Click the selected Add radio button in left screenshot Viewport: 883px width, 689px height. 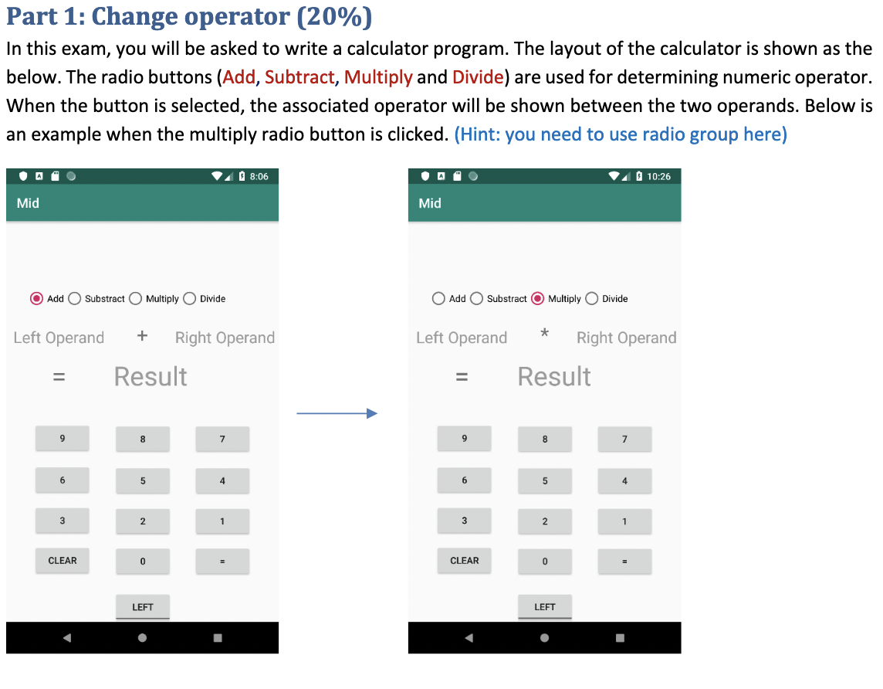coord(36,299)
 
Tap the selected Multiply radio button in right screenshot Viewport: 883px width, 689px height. coord(538,299)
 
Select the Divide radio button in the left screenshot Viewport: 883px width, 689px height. coord(189,299)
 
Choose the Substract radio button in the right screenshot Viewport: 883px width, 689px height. coord(477,299)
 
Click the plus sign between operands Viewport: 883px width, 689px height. coord(142,336)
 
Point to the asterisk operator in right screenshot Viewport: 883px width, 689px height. coord(545,334)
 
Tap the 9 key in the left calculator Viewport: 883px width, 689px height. coord(63,439)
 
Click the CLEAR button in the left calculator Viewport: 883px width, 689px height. coord(63,561)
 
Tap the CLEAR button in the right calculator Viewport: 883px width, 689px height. coord(465,561)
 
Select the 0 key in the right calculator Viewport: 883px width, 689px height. coord(545,562)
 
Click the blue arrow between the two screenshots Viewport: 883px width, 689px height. coord(337,414)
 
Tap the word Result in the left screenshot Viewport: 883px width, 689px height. coord(151,377)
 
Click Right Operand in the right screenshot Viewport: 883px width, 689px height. coord(626,338)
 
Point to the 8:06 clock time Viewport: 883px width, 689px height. coord(259,177)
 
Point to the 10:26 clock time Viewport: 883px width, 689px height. coord(658,177)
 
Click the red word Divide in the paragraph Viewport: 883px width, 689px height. coord(478,77)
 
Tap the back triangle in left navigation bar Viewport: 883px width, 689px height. coord(66,638)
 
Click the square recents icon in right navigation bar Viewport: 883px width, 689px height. coord(620,638)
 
